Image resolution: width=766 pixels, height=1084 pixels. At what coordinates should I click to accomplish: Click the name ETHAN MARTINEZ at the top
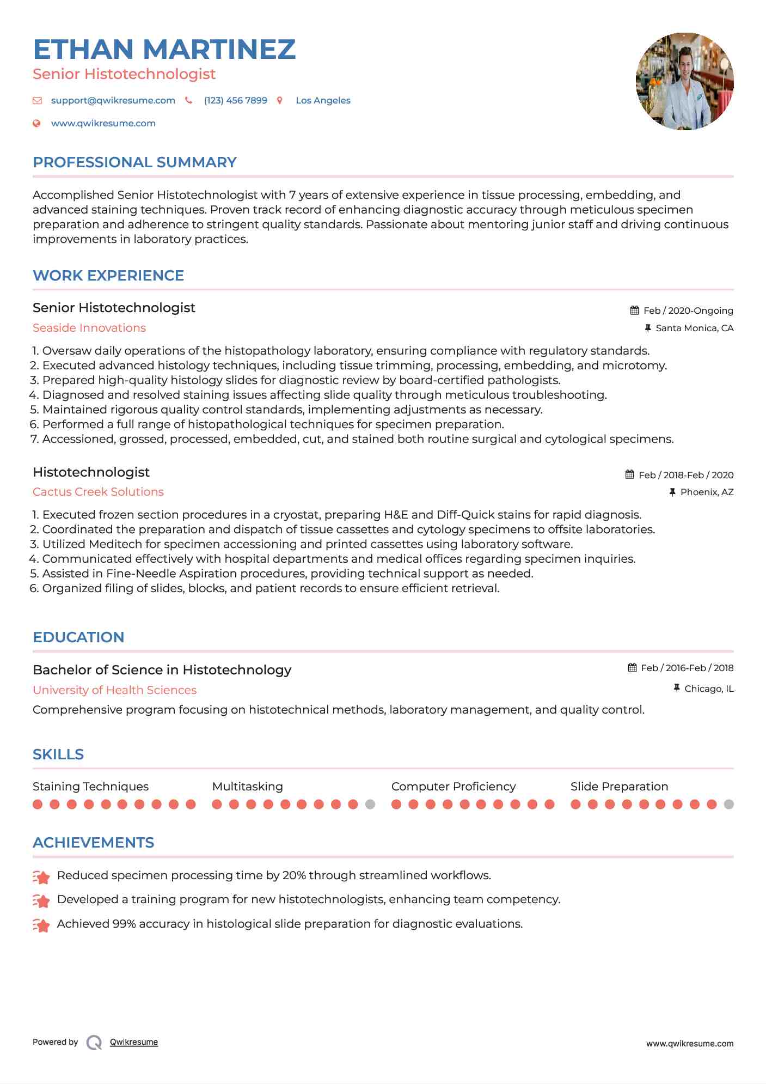click(x=164, y=49)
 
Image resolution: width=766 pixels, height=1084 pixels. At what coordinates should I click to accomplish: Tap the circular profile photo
click(x=684, y=81)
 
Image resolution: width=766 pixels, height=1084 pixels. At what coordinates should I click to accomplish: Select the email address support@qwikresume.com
click(x=113, y=100)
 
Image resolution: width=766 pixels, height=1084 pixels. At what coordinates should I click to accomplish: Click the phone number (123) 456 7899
click(x=235, y=100)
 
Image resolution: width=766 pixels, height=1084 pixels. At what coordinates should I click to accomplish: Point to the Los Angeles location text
click(x=323, y=100)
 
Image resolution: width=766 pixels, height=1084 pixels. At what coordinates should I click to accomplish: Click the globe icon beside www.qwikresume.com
click(x=37, y=123)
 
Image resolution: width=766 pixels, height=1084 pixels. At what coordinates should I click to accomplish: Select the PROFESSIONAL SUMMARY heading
click(x=134, y=162)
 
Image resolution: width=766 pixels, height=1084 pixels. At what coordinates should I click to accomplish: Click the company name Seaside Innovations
click(x=89, y=328)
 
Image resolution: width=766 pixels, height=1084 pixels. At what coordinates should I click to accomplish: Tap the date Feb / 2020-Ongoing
click(x=688, y=310)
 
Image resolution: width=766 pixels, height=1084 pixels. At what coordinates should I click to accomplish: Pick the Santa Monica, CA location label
click(x=694, y=328)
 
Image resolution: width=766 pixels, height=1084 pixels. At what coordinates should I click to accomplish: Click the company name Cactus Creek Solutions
click(x=98, y=492)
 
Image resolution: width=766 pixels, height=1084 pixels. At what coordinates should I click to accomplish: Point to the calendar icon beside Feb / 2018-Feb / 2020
click(x=630, y=474)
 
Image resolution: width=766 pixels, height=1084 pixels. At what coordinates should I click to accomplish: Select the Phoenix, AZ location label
click(x=707, y=492)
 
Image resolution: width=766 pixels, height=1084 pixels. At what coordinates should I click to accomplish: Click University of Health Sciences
click(x=114, y=690)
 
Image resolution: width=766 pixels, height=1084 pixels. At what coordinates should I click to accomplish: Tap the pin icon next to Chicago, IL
click(x=677, y=689)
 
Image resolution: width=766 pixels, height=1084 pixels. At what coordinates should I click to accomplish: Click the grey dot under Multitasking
click(x=370, y=804)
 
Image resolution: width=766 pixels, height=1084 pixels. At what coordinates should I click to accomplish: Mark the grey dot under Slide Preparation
click(x=729, y=804)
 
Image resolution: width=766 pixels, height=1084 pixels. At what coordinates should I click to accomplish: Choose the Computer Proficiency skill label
click(x=453, y=787)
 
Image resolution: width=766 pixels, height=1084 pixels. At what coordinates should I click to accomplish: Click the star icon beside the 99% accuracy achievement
click(x=41, y=924)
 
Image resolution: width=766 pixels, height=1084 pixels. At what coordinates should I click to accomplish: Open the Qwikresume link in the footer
click(x=134, y=1042)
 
